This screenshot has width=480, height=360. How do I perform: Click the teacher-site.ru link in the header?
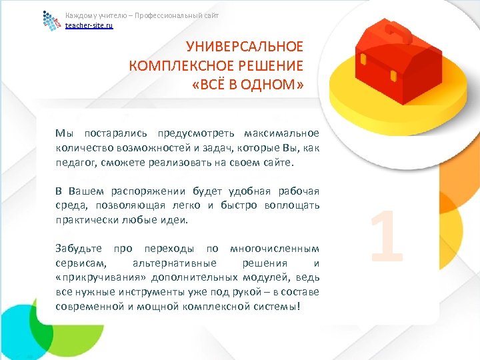(89, 25)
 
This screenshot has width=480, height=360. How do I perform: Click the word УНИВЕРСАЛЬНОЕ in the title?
(244, 47)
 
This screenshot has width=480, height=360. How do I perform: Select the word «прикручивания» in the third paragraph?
(99, 277)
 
